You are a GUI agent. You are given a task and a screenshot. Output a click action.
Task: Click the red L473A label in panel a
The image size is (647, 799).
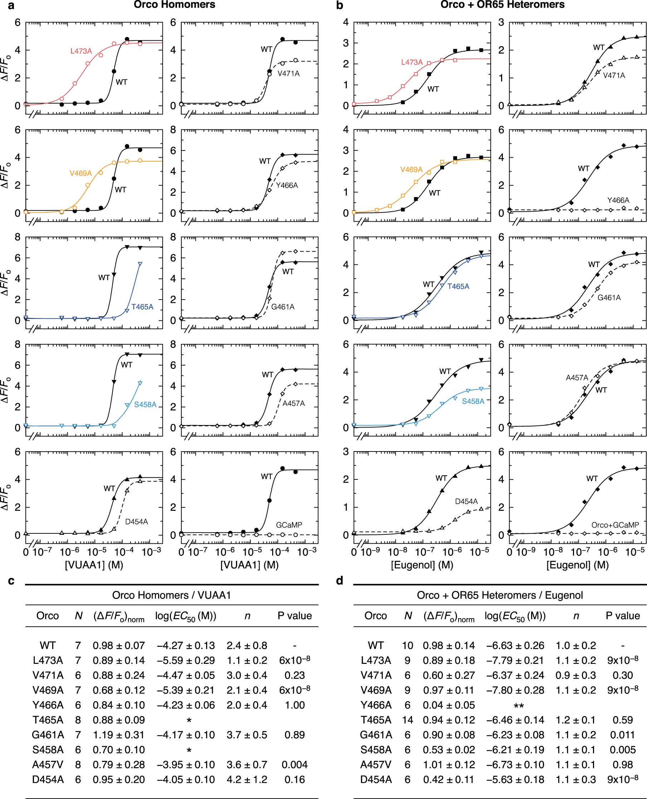81,51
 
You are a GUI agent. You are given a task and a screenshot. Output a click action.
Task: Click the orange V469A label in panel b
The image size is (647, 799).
411,169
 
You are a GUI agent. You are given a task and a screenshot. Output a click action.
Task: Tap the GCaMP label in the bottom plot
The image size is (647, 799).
289,525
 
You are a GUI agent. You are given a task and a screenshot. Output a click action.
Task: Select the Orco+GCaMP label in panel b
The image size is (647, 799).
615,525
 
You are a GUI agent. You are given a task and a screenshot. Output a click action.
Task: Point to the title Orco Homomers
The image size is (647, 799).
175,5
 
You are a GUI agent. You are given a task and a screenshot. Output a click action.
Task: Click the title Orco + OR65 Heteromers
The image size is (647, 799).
502,5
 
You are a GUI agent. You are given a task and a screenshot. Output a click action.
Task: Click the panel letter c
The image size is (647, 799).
11,581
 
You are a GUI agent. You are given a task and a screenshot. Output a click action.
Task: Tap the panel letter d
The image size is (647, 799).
339,581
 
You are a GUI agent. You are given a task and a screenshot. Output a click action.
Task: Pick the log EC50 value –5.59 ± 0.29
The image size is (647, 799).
186,660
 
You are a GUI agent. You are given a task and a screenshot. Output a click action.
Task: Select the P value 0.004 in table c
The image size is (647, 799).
294,765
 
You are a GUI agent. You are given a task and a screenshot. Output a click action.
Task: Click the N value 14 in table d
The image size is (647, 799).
407,720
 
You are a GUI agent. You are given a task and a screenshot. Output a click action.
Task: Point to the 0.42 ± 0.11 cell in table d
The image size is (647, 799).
449,780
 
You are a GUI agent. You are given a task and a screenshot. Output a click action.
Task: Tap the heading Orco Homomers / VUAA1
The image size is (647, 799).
171,595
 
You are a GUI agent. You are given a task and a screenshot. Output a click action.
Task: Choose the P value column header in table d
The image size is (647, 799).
622,616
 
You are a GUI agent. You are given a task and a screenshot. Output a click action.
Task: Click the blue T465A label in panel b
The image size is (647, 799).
458,286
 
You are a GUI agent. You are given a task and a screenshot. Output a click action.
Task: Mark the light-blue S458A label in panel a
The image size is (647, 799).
145,405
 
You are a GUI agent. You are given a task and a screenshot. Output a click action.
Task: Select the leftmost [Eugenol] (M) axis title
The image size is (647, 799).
422,565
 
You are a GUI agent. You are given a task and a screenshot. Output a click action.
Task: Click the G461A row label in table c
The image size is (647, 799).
48,735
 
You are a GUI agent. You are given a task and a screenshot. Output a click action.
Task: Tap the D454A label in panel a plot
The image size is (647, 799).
136,522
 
